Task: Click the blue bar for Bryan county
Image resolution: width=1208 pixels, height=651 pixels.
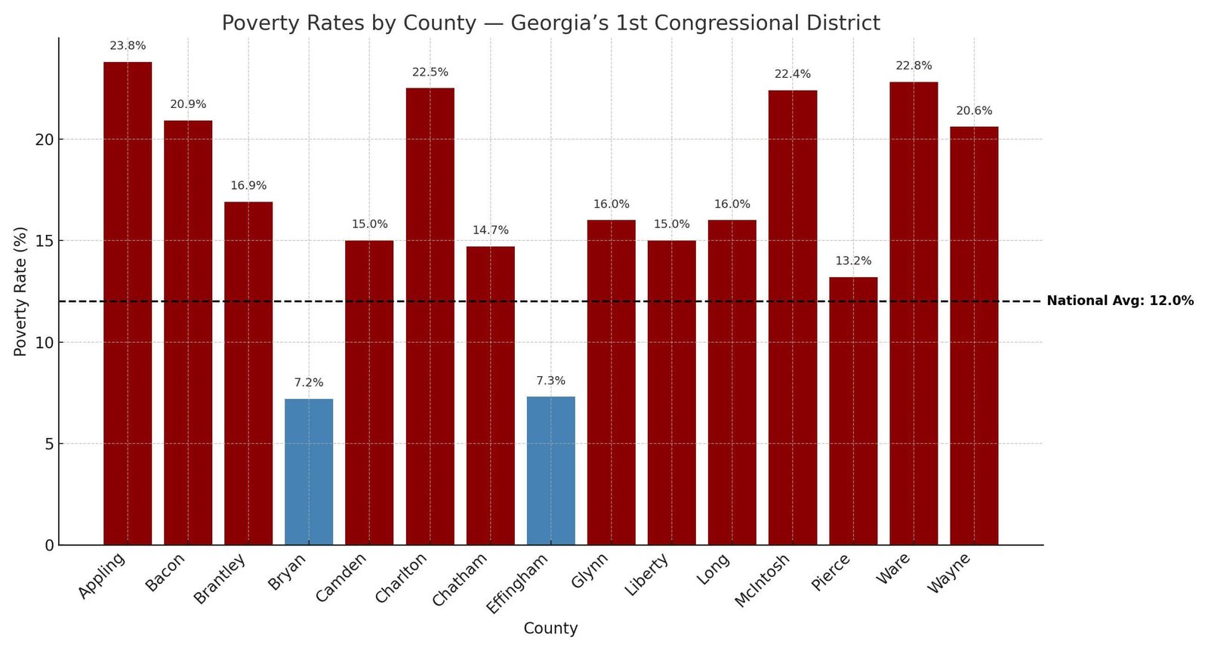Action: tap(309, 472)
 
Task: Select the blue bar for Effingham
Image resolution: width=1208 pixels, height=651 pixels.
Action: tap(550, 471)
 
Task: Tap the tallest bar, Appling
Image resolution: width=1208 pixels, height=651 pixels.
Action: tap(128, 302)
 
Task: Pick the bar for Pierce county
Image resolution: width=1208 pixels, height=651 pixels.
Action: tap(853, 411)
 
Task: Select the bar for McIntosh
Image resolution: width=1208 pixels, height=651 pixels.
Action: tap(793, 317)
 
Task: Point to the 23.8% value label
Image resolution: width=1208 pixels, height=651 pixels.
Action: tap(128, 46)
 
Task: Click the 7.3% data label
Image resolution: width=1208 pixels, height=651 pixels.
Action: tap(550, 381)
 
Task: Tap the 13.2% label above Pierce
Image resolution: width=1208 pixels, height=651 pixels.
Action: tap(853, 261)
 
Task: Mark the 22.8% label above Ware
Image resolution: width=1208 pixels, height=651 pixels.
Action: tap(914, 66)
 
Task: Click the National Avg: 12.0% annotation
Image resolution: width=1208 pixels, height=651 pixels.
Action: tap(1120, 301)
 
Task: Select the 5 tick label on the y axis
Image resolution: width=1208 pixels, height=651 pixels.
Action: tap(49, 444)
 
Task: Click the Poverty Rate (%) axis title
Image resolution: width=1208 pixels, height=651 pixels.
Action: tap(20, 292)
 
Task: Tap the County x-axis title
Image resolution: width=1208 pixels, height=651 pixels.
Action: tap(550, 628)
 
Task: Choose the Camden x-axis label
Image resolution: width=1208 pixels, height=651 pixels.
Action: tap(342, 577)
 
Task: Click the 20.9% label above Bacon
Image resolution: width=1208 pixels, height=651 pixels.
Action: tap(188, 105)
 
